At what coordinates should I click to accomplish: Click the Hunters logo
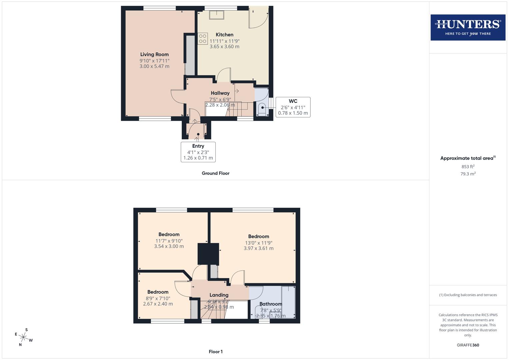(x=468, y=27)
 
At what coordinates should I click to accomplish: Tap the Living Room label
(x=154, y=54)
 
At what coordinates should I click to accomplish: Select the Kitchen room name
(x=224, y=35)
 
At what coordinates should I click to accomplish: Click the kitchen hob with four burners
(x=202, y=39)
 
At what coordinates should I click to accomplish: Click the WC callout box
(x=293, y=107)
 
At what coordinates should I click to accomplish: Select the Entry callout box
(x=198, y=152)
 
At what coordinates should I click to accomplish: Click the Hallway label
(x=220, y=93)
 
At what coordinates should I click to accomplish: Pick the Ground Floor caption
(x=215, y=173)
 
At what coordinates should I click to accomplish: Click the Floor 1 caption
(x=215, y=352)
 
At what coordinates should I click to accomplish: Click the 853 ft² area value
(x=468, y=167)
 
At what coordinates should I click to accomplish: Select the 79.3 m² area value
(x=468, y=174)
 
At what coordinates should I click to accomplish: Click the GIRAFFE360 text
(x=468, y=345)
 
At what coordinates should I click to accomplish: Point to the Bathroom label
(x=271, y=304)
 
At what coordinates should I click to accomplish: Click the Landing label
(x=219, y=295)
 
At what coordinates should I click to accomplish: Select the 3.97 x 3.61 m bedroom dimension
(x=258, y=248)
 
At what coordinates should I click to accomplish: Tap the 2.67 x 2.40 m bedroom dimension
(x=158, y=304)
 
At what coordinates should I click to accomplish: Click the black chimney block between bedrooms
(x=208, y=254)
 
